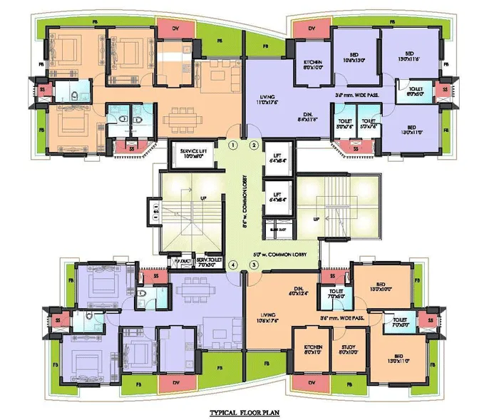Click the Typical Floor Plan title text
tap(249, 412)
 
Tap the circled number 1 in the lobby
tap(232, 145)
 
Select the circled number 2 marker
tap(254, 145)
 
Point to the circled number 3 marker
tap(254, 265)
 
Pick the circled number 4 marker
tap(232, 265)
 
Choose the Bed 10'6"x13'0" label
tap(354, 56)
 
